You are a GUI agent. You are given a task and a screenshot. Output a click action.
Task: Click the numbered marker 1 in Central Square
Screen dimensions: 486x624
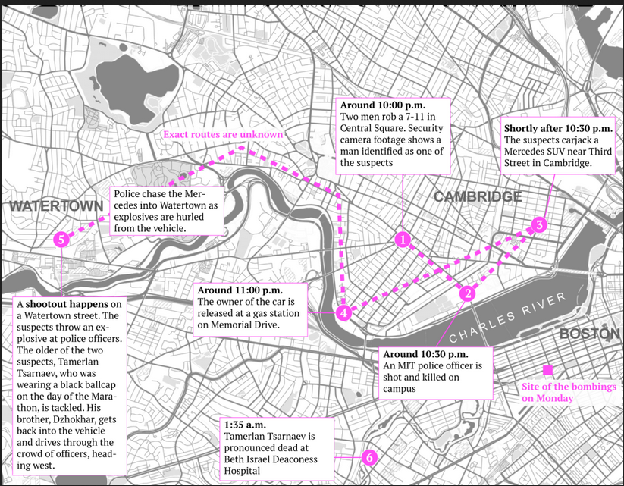403,240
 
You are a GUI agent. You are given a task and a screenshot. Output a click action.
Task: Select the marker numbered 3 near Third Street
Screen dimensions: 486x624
538,224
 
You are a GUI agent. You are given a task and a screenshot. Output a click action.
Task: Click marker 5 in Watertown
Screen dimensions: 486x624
61,240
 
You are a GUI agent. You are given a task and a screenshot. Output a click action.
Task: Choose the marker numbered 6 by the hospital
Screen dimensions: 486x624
368,457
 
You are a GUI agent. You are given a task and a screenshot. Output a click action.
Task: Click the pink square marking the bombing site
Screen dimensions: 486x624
547,371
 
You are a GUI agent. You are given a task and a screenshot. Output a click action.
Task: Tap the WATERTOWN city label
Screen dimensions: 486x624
46,206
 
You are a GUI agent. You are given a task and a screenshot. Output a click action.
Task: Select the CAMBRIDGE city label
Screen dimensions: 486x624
477,197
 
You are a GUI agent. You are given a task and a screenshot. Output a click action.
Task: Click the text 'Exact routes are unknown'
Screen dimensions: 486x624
223,135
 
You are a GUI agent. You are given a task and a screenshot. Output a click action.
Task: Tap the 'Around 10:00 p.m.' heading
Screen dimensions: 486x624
383,105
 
